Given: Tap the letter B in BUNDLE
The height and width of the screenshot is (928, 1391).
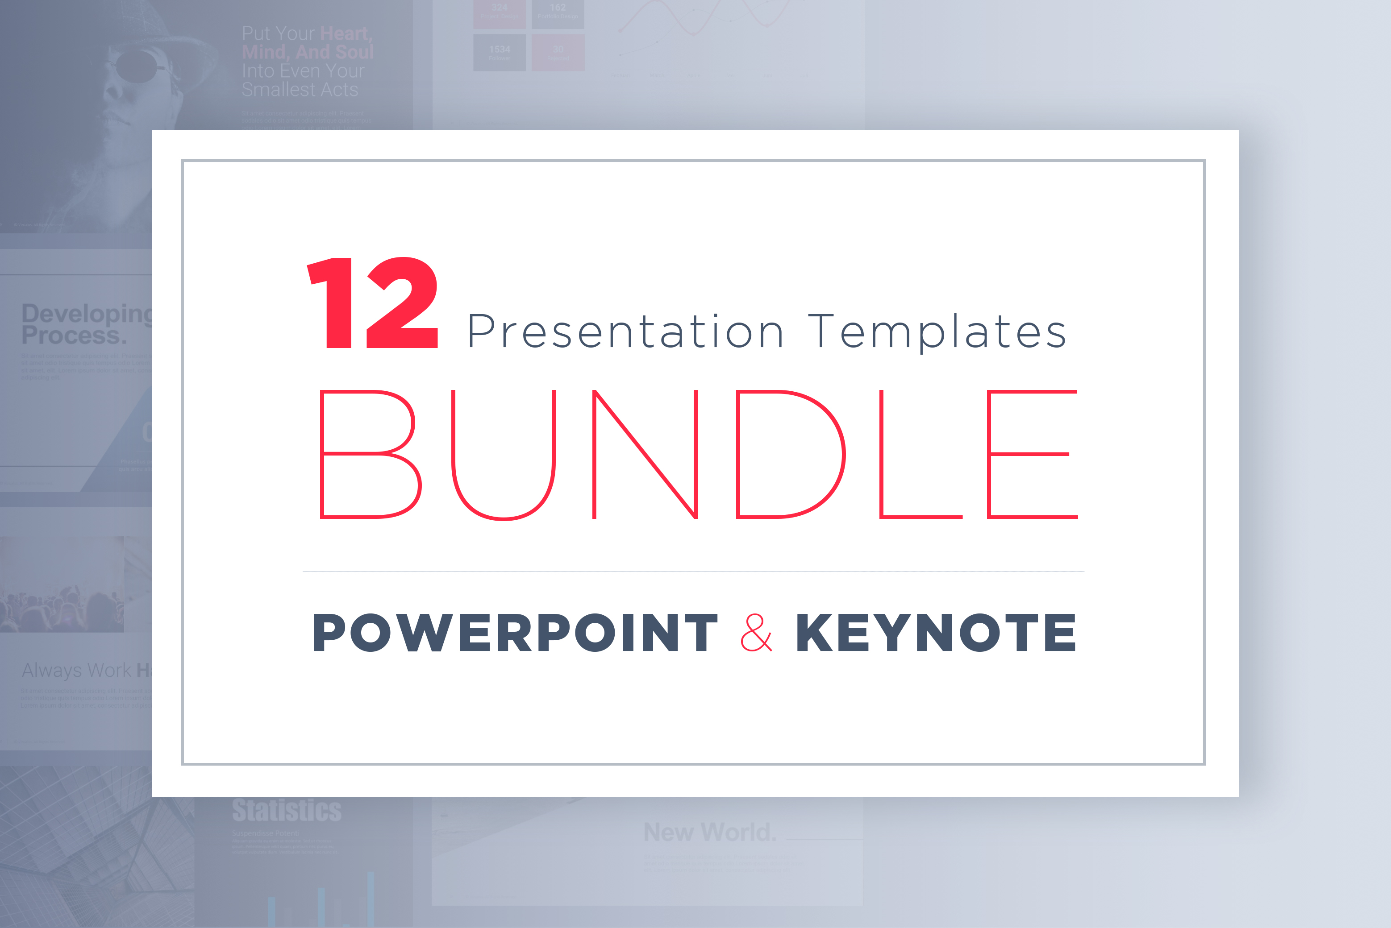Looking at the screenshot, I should coord(368,454).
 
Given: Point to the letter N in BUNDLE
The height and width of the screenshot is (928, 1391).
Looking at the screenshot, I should coord(646,454).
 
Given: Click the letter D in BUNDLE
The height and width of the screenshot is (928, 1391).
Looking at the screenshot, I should coord(789,454).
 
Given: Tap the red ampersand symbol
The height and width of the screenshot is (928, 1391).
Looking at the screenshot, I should coord(756,633).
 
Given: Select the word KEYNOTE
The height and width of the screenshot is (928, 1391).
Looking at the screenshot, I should coord(936,633).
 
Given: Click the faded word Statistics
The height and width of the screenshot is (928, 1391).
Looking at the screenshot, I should coord(287,811).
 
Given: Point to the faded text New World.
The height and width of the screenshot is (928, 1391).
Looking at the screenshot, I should coord(709,832).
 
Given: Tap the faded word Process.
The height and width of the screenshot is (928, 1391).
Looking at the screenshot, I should coord(74,336).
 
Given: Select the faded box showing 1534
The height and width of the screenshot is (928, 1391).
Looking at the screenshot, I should coord(499,52).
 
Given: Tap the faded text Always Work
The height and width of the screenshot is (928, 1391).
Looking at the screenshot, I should coord(77,670).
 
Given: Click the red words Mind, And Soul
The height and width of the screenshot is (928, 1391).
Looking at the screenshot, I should coord(307,52).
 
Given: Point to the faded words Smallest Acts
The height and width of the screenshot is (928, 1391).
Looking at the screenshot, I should coord(300,89).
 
